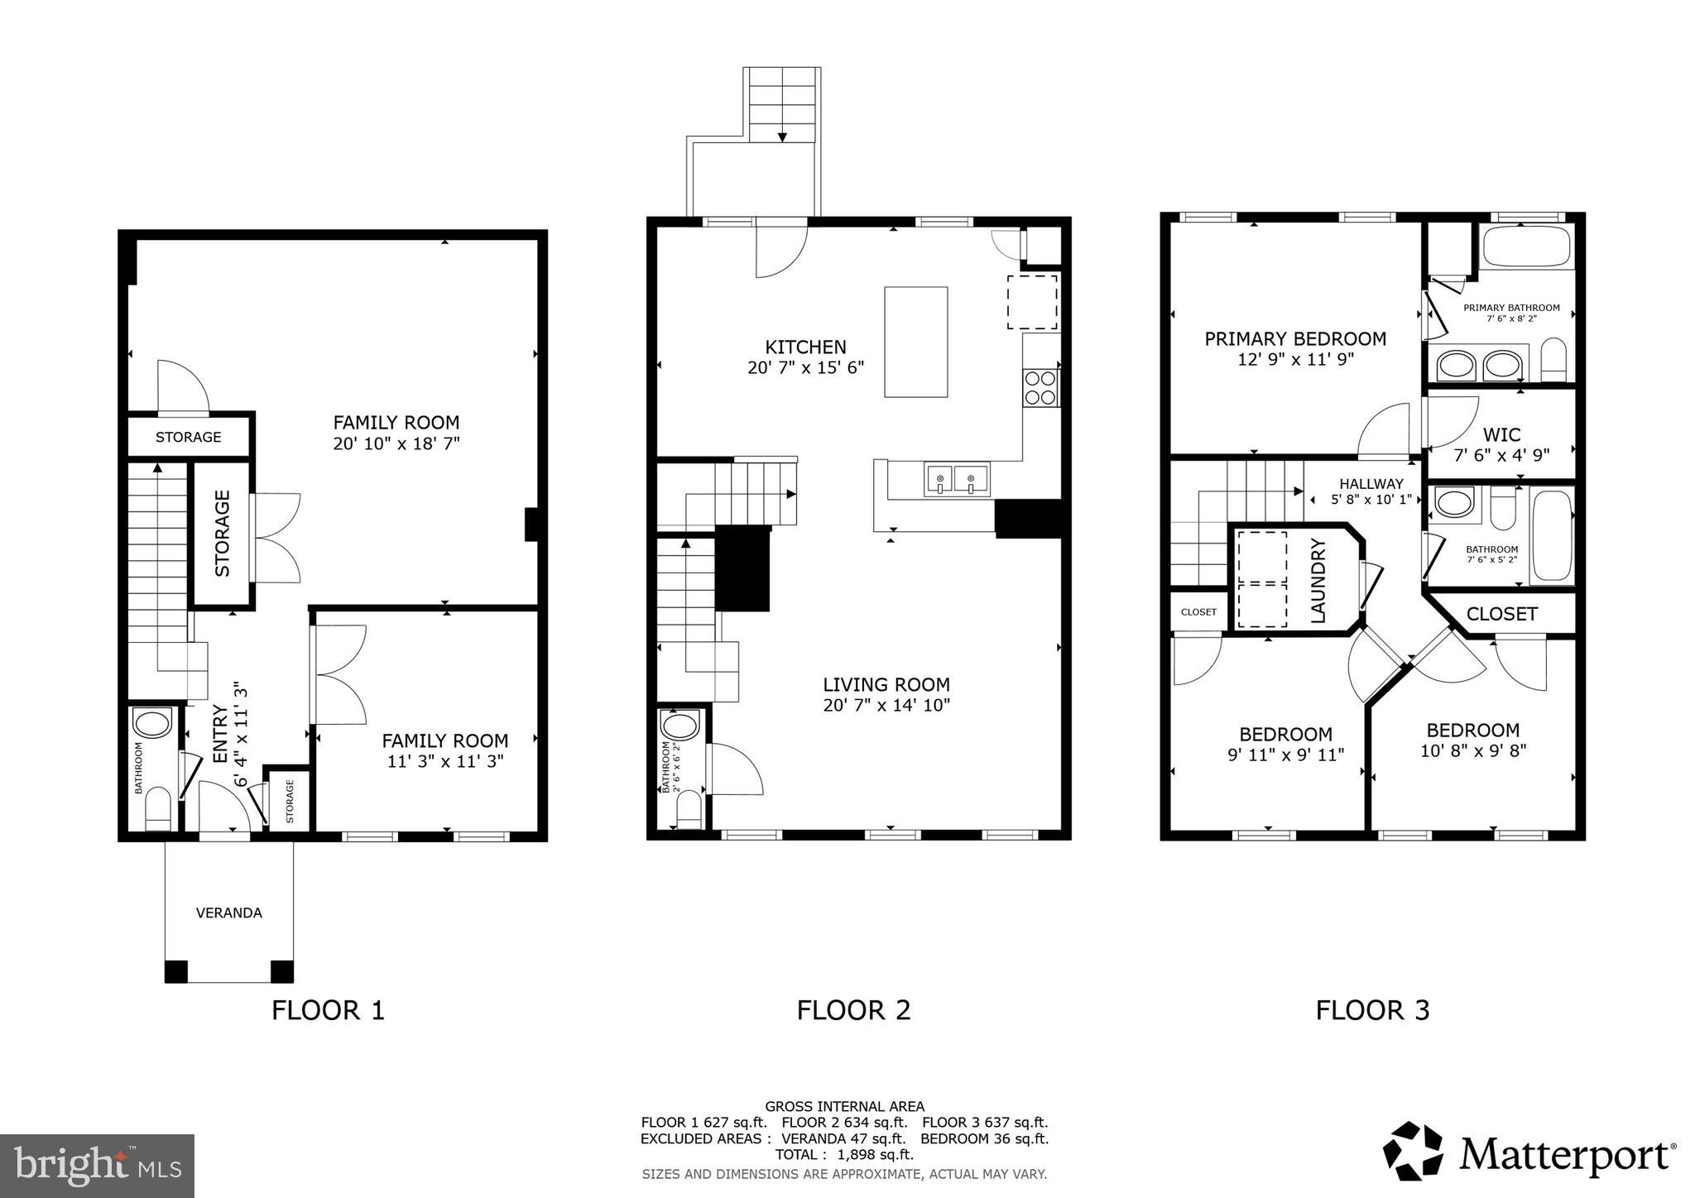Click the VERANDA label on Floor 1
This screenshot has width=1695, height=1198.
(x=229, y=913)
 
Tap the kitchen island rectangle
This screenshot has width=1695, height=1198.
(x=915, y=342)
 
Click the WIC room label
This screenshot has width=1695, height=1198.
(x=1501, y=435)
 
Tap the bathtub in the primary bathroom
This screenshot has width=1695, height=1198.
(x=1526, y=247)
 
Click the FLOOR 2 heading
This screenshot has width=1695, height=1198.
(x=853, y=1010)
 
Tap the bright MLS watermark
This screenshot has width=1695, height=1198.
(x=98, y=1166)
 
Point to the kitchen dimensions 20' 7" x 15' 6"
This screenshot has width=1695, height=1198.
(x=805, y=367)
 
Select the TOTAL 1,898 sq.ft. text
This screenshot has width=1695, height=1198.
(x=844, y=1154)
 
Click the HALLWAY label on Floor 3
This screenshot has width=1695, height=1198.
(x=1371, y=484)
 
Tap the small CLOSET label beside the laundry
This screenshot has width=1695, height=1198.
(x=1198, y=612)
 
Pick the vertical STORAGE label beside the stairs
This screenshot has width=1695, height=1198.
(x=223, y=534)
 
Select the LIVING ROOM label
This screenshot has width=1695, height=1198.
(x=886, y=685)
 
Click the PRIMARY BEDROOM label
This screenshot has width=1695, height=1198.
(x=1295, y=339)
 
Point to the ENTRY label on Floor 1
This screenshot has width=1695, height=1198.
(x=220, y=734)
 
